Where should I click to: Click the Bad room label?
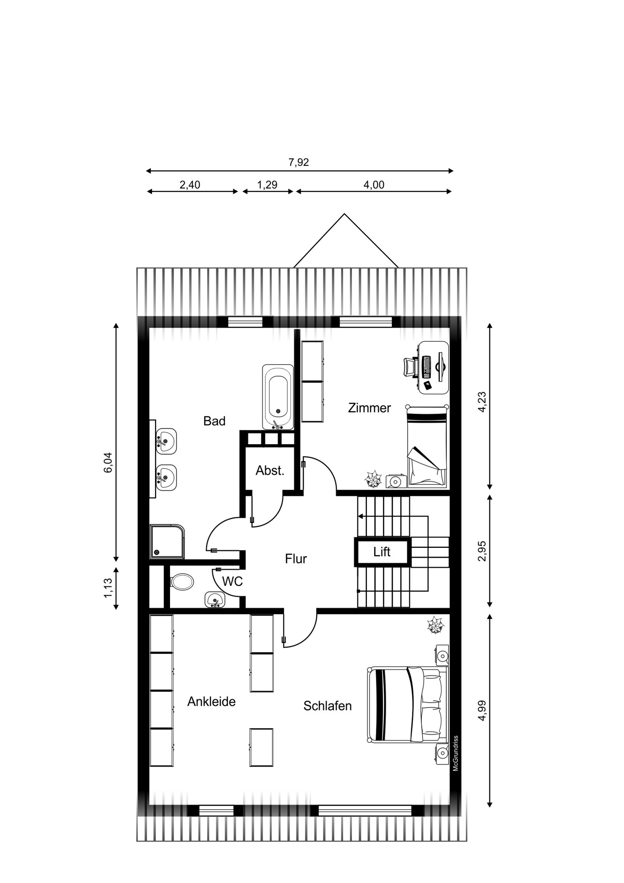point(214,421)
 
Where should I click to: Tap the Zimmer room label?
point(369,408)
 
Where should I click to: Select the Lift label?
point(382,552)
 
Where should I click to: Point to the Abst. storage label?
point(270,471)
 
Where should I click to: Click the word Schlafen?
point(327,706)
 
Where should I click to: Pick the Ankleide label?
point(211,702)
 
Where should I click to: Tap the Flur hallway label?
point(296,559)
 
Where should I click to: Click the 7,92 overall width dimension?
point(299,162)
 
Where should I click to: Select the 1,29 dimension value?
point(267,185)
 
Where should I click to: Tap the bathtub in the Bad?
point(278,397)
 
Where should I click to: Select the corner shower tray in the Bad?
point(167,541)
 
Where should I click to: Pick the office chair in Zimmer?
point(411,367)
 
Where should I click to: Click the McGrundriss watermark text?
point(456,753)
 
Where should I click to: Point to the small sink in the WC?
point(215,599)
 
